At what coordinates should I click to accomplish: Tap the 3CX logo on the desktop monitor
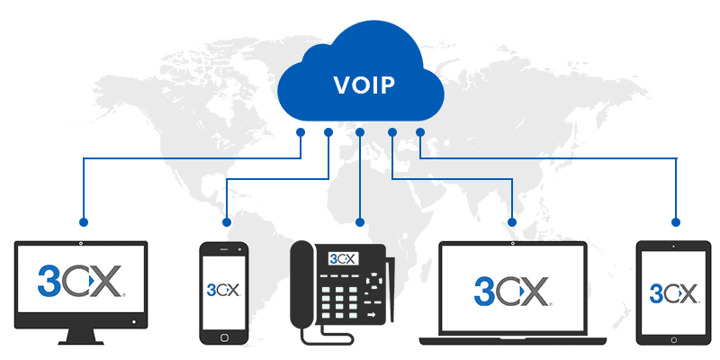point(80,281)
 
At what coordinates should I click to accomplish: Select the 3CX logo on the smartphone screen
point(224,290)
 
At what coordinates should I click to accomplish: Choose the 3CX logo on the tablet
point(674,292)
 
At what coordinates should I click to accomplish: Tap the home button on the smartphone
point(224,335)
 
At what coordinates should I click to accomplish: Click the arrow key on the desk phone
point(369,316)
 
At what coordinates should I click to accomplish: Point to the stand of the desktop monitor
point(80,337)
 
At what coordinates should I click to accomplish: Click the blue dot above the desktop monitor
point(83,221)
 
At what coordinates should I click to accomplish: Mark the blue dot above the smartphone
point(226,221)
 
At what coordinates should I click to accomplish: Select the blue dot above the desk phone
point(360,221)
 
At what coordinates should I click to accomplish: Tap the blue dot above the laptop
point(512,221)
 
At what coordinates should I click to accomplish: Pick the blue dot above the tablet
point(674,221)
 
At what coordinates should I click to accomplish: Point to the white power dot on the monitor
point(134,321)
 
